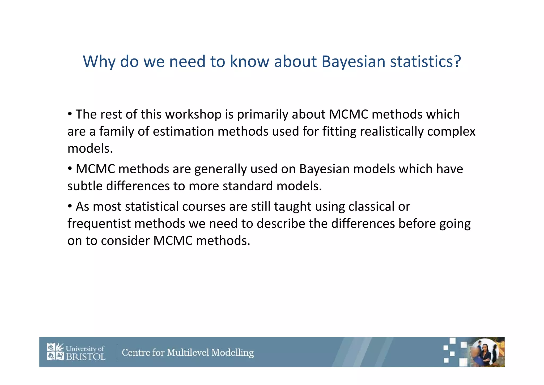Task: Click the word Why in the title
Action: (99, 62)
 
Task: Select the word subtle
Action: (85, 186)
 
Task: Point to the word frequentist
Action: (99, 224)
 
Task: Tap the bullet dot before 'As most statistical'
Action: (70, 206)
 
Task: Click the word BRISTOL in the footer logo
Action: (86, 357)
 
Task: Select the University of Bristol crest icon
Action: (56, 351)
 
